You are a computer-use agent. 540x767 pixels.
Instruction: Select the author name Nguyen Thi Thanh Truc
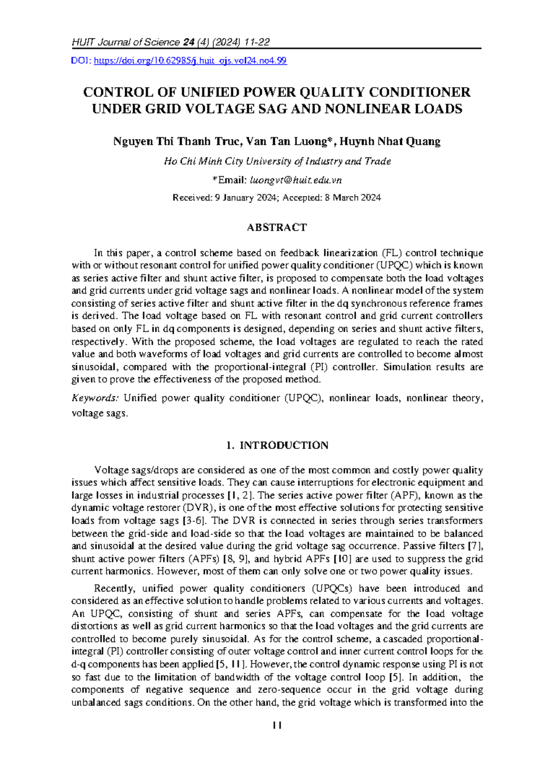[177, 142]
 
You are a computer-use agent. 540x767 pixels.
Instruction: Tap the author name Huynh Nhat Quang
[390, 142]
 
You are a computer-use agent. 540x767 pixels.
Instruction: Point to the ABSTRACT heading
[277, 228]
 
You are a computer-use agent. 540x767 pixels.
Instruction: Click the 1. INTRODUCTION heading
[277, 445]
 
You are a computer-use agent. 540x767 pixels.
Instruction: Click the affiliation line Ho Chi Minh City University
[277, 161]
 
